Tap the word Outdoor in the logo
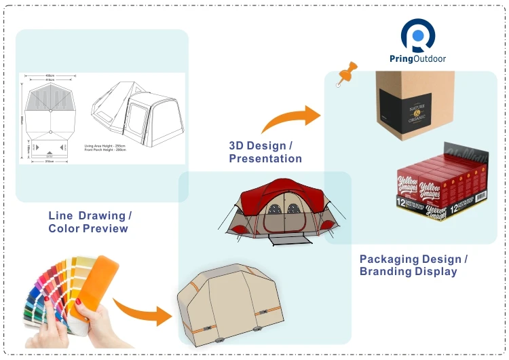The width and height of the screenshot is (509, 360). pos(430,58)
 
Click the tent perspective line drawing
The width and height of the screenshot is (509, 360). pos(136,109)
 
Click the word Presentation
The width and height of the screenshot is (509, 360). pos(265,159)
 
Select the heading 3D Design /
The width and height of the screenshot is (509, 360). pos(261,146)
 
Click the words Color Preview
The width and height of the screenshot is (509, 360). pos(88,228)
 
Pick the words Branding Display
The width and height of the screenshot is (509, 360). pos(408,272)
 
